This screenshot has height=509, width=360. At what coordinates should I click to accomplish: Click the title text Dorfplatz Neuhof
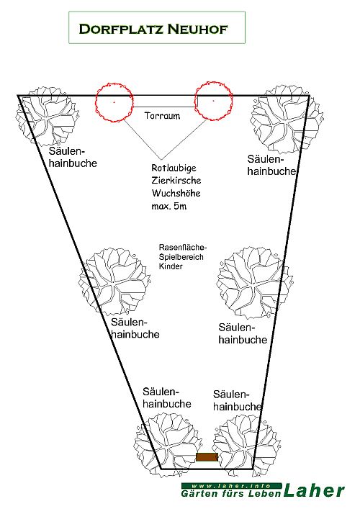(153, 29)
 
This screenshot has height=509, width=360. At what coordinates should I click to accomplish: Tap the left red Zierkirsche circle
(96, 102)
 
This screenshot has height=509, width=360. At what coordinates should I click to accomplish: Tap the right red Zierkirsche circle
(195, 101)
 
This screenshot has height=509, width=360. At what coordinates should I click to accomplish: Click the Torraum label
(162, 116)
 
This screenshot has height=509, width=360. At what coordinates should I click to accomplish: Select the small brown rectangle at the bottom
(207, 456)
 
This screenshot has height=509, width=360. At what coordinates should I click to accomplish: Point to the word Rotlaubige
(174, 168)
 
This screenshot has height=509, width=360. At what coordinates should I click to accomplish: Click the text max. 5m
(168, 206)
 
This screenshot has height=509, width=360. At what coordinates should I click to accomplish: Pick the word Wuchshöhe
(176, 193)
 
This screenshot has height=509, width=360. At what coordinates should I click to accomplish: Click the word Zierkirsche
(176, 181)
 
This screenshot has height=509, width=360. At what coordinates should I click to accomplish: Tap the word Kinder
(171, 266)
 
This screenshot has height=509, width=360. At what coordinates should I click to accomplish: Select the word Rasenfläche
(183, 248)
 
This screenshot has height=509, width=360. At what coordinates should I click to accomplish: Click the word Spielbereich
(181, 257)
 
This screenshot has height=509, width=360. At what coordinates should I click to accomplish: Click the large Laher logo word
(314, 490)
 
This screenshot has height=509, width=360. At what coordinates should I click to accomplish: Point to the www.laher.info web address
(231, 486)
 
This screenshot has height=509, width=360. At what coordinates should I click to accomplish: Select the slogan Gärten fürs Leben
(231, 494)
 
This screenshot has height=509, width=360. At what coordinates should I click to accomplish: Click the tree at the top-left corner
(47, 116)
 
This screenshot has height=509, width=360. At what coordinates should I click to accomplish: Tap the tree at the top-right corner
(287, 119)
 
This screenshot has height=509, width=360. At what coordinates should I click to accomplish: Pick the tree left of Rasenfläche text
(114, 281)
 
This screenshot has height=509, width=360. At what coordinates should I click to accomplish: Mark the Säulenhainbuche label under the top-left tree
(73, 157)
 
